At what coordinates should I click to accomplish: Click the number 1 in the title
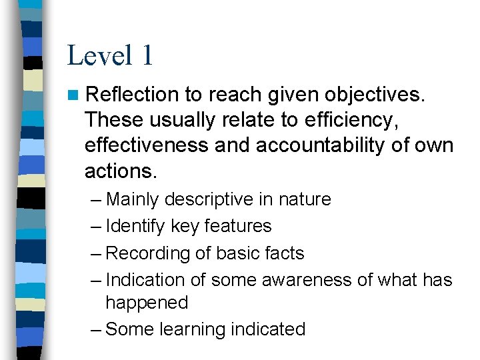tap(147, 55)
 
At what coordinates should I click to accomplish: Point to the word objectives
tap(380, 95)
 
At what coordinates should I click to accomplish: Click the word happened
tap(147, 303)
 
